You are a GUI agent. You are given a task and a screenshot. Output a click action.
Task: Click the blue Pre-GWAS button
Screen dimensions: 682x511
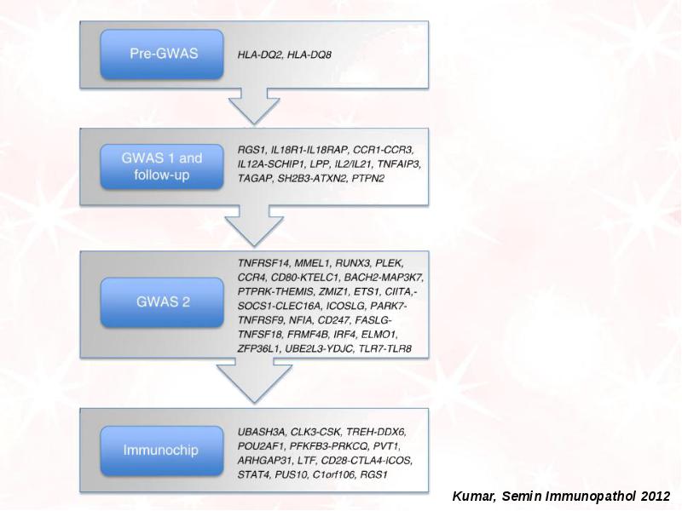coord(162,55)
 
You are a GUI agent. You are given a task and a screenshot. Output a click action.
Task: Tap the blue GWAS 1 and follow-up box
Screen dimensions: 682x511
coord(162,167)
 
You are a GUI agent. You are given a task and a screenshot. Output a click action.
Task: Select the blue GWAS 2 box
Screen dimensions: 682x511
coord(162,302)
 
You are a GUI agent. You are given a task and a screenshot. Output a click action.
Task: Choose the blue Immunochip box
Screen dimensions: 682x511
coord(162,451)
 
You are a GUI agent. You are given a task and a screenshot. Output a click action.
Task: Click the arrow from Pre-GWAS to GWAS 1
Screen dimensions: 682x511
coord(254,106)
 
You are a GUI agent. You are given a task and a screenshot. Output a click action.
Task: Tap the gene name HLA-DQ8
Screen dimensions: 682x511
coord(309,55)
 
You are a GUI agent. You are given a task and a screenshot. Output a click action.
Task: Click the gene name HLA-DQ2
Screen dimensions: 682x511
coord(260,55)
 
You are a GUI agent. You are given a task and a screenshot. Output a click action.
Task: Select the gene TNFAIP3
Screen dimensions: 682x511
coord(399,164)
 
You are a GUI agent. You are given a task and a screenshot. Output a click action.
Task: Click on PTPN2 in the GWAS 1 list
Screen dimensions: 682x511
coord(368,178)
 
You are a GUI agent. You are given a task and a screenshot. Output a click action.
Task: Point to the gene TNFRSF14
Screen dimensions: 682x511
coord(263,263)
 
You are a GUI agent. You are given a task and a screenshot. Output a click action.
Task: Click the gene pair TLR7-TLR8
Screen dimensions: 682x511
coord(385,348)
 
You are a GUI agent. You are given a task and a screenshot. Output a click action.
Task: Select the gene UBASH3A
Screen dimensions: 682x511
coord(262,432)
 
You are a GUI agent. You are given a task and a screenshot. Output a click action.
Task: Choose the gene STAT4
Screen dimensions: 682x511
coord(253,474)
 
